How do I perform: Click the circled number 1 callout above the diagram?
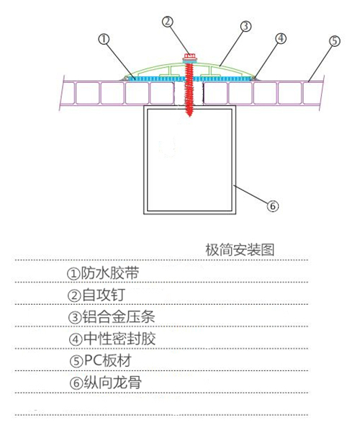click(x=104, y=39)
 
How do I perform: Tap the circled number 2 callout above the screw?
click(x=168, y=22)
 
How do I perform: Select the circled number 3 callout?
click(x=246, y=26)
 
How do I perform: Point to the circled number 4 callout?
click(x=281, y=38)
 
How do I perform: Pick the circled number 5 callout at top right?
click(x=334, y=41)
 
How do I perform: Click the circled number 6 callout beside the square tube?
click(x=273, y=206)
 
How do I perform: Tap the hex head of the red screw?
click(x=190, y=55)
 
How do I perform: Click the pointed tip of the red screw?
click(x=189, y=115)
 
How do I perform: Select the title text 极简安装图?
click(x=240, y=250)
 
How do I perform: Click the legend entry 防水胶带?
click(x=110, y=273)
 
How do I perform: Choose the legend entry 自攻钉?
click(x=103, y=295)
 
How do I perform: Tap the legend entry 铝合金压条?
click(x=118, y=317)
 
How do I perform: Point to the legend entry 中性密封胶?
click(x=119, y=339)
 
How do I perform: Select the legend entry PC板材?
click(x=107, y=360)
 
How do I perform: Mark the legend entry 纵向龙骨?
click(x=113, y=383)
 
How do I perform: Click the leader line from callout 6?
click(x=250, y=194)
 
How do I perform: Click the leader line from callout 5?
click(x=320, y=63)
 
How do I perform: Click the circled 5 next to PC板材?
click(x=76, y=362)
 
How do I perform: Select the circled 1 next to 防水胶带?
click(x=73, y=273)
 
